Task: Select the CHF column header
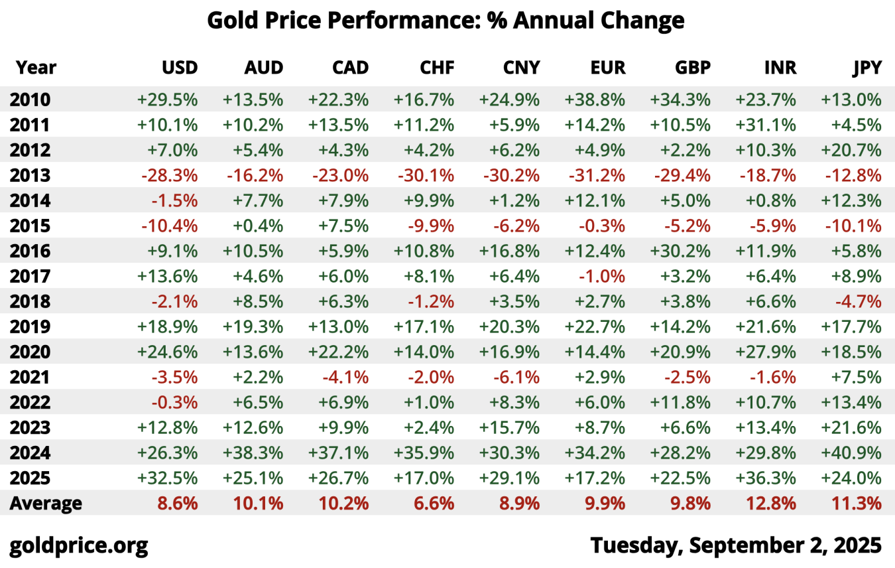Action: point(437,68)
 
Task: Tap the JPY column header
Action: point(866,68)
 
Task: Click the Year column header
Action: point(36,68)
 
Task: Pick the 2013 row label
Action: point(30,176)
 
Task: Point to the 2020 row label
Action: point(30,352)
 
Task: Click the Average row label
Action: point(46,503)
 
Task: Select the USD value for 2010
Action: point(168,100)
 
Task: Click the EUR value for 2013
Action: point(595,176)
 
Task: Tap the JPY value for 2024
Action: point(851,453)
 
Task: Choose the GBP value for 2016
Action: point(680,251)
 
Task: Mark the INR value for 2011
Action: point(766,125)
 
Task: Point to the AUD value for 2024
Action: point(253,453)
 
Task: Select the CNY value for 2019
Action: point(509,327)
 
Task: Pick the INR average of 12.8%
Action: point(770,503)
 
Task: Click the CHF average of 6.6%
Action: point(434,503)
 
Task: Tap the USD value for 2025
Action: point(168,478)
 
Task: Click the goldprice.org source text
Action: point(79,545)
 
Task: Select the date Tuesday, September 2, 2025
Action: point(736,545)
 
